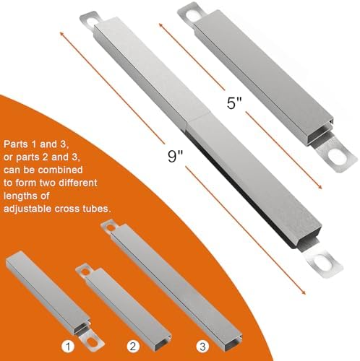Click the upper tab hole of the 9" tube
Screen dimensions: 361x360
92,17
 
